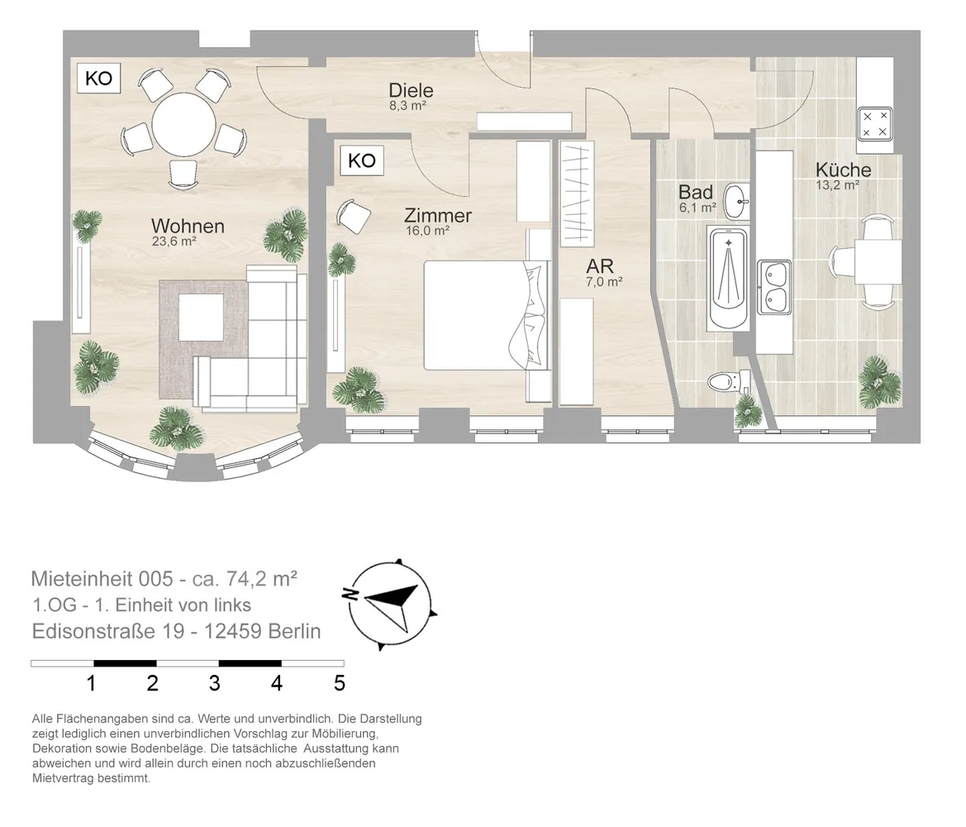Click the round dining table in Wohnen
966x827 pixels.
(183, 125)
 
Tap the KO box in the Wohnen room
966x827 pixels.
(98, 79)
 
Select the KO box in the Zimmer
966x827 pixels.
(362, 160)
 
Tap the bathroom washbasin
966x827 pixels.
(737, 201)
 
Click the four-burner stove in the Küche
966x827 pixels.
(876, 124)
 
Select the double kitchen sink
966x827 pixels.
(774, 288)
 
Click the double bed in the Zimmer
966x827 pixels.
(486, 315)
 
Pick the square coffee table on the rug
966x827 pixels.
(202, 317)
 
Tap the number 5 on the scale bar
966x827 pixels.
(340, 683)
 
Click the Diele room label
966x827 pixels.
(411, 91)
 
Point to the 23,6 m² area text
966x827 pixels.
(174, 241)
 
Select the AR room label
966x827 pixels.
(600, 266)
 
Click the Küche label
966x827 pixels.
(844, 170)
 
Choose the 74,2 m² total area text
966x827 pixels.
(263, 578)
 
